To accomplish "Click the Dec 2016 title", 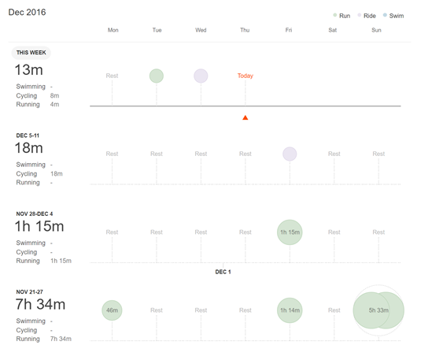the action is pos(27,12).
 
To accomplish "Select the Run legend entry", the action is pos(342,16).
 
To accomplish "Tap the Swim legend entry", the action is pos(393,16).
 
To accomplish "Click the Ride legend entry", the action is pos(367,16).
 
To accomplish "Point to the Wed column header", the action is pos(201,30).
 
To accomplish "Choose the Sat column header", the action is pos(333,30).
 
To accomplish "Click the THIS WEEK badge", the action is pos(31,53).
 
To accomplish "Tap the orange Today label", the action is pos(246,76).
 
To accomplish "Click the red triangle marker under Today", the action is pos(246,118).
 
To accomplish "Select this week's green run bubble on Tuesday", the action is pos(157,76).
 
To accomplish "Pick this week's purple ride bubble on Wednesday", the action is pos(201,76).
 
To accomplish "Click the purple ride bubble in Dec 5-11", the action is pos(290,154).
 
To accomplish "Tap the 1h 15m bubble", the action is pos(290,232).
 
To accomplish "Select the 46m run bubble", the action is pos(113,310).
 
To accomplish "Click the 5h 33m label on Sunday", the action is pos(378,310).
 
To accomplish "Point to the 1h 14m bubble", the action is pos(290,310).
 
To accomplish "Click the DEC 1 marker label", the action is pos(223,272).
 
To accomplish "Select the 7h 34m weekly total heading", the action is pos(40,304).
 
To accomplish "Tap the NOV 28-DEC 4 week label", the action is pos(35,213).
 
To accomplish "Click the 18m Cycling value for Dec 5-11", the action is pos(57,174).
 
